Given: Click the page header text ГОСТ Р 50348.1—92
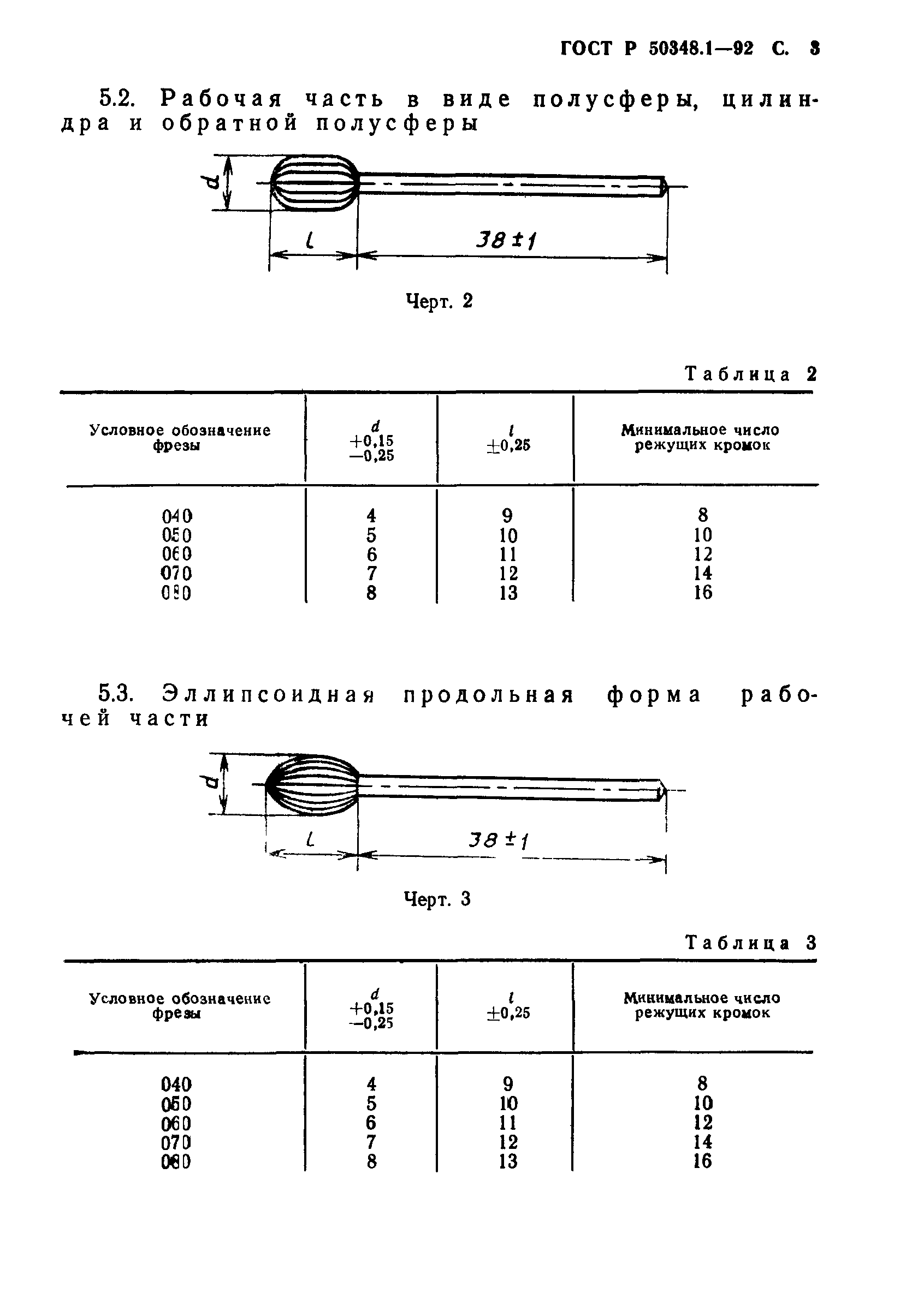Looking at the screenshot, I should [656, 49].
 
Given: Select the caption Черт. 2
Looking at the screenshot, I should [439, 301].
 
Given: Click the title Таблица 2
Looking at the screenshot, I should [751, 374].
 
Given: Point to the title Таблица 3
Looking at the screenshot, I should [751, 943].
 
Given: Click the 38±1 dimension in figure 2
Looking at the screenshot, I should [507, 240].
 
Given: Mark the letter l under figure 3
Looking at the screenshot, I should [310, 839].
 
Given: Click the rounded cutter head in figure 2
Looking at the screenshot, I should [315, 183].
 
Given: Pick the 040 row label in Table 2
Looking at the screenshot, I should [176, 516].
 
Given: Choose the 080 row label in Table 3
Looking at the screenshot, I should [176, 1161].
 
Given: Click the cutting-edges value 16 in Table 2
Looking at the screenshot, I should [703, 593].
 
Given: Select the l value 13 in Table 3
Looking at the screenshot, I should [507, 1161].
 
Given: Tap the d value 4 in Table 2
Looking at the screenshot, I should [371, 516].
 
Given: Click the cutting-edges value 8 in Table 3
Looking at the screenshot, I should [702, 1083].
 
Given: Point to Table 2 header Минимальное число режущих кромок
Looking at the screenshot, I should [701, 437].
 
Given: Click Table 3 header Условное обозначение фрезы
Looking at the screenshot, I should [180, 1006].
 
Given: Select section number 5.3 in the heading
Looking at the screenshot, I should [116, 693].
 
